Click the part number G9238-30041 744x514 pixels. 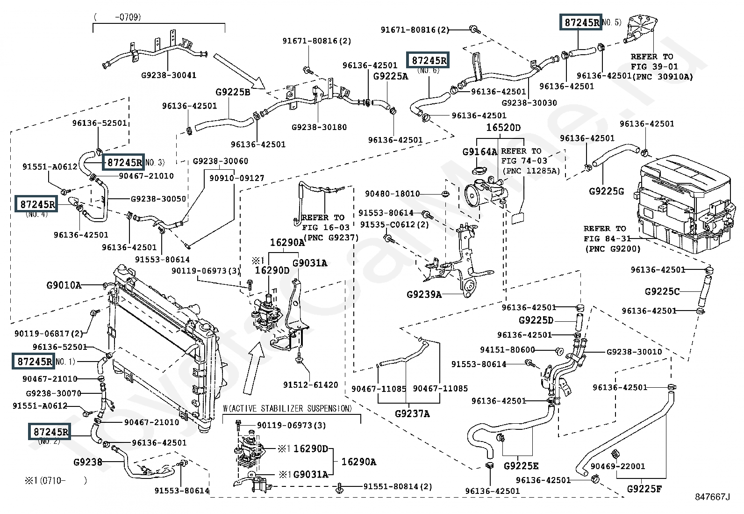click(x=169, y=75)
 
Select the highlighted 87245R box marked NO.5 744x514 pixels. click(x=581, y=22)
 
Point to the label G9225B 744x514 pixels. click(x=233, y=92)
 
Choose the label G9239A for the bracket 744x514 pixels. click(x=424, y=294)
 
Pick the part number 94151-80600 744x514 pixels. click(x=507, y=350)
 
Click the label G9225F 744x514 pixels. click(x=644, y=489)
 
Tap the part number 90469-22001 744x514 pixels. click(x=617, y=466)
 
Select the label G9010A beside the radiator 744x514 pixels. click(x=64, y=285)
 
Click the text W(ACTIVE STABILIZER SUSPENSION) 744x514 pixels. click(x=287, y=409)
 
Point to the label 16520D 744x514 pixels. click(x=503, y=128)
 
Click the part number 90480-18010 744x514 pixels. click(x=393, y=194)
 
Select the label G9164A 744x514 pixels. click(x=479, y=152)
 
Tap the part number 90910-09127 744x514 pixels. click(x=236, y=178)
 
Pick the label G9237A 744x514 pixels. click(x=412, y=413)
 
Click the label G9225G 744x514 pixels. click(x=606, y=191)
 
